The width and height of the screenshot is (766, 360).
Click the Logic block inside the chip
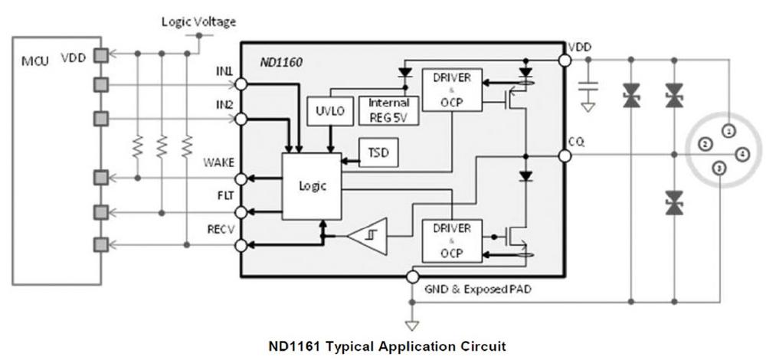pyautogui.click(x=313, y=186)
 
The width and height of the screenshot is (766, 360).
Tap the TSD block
pyautogui.click(x=378, y=152)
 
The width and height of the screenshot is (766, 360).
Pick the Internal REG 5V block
pyautogui.click(x=389, y=110)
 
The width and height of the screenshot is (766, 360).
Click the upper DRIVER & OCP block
pyautogui.click(x=452, y=90)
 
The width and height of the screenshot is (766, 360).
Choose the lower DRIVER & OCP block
pyautogui.click(x=452, y=241)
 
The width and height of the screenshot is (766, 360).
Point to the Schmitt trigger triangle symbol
pyautogui.click(x=368, y=237)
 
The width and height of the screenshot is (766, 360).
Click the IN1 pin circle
pyautogui.click(x=241, y=84)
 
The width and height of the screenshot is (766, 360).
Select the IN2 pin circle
pyautogui.click(x=241, y=119)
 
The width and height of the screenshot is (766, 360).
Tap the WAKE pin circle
pyautogui.click(x=241, y=178)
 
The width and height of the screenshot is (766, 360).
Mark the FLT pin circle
pyautogui.click(x=241, y=212)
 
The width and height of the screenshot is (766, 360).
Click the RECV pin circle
pyautogui.click(x=241, y=245)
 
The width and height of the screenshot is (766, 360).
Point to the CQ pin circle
pyautogui.click(x=565, y=155)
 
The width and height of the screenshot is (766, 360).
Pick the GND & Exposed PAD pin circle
pyautogui.click(x=412, y=277)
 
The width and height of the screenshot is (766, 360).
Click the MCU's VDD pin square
pyautogui.click(x=100, y=56)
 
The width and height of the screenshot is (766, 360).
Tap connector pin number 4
pyautogui.click(x=741, y=155)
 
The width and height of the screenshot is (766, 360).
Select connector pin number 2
pyautogui.click(x=705, y=144)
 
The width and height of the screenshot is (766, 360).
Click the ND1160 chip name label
pyautogui.click(x=280, y=63)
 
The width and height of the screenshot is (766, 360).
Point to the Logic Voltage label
pyautogui.click(x=199, y=21)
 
